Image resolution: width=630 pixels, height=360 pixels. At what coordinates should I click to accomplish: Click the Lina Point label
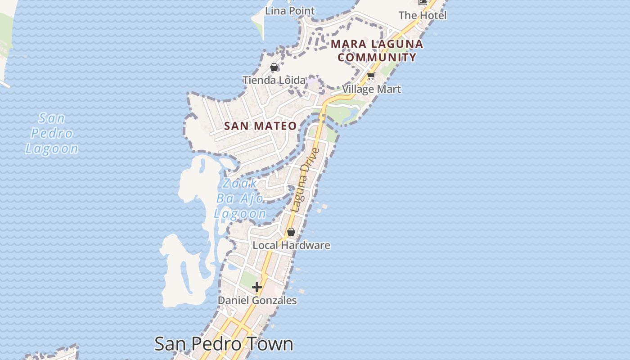pyautogui.click(x=290, y=10)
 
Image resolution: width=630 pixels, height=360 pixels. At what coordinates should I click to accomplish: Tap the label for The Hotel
pyautogui.click(x=422, y=15)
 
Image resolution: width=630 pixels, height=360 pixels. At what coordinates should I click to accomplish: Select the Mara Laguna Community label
pyautogui.click(x=377, y=50)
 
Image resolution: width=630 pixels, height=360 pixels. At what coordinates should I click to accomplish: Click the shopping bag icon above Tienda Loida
pyautogui.click(x=274, y=67)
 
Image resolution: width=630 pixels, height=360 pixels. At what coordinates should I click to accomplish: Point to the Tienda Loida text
pyautogui.click(x=274, y=80)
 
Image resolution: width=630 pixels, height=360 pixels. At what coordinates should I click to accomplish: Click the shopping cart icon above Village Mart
pyautogui.click(x=371, y=76)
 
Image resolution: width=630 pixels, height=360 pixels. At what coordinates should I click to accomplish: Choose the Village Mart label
pyautogui.click(x=371, y=89)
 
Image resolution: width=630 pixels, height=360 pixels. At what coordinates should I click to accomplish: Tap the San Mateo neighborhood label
pyautogui.click(x=260, y=126)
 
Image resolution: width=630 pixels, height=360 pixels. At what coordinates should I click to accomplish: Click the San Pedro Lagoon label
pyautogui.click(x=52, y=134)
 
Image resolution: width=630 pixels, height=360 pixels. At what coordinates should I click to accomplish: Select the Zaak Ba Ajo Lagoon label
pyautogui.click(x=240, y=198)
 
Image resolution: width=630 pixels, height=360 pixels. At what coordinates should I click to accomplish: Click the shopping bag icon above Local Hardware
pyautogui.click(x=291, y=232)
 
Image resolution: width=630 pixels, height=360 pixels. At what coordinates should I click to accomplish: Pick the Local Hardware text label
pyautogui.click(x=291, y=245)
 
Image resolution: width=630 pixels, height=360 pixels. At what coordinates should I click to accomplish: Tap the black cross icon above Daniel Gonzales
pyautogui.click(x=257, y=287)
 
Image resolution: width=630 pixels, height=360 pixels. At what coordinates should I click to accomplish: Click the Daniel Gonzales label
pyautogui.click(x=257, y=300)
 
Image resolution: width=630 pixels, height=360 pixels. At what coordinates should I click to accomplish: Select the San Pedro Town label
pyautogui.click(x=224, y=344)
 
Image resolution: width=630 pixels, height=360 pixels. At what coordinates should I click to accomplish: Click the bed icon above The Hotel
pyautogui.click(x=423, y=2)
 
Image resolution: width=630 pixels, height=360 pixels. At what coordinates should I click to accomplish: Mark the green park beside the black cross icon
pyautogui.click(x=247, y=279)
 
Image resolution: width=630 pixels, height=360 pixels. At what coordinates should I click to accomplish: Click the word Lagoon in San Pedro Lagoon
pyautogui.click(x=52, y=148)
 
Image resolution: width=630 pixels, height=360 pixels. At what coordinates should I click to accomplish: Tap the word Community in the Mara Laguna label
pyautogui.click(x=377, y=57)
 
